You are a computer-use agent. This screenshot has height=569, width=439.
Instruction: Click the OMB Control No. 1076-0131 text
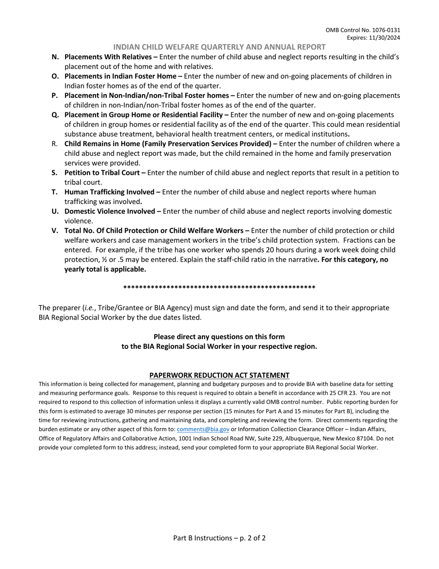click(363, 30)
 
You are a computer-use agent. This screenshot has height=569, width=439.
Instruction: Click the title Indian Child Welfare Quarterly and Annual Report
click(219, 47)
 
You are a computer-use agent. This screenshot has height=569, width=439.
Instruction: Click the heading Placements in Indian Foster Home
click(123, 76)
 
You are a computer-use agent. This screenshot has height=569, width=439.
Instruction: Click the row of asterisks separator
click(219, 288)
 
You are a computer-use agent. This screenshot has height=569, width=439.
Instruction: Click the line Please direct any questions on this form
click(219, 337)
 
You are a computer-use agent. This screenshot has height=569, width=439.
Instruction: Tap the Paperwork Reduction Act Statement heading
click(219, 375)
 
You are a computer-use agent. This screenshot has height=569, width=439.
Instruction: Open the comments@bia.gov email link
click(203, 429)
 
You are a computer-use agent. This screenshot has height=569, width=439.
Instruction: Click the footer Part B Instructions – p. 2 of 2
click(219, 538)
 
